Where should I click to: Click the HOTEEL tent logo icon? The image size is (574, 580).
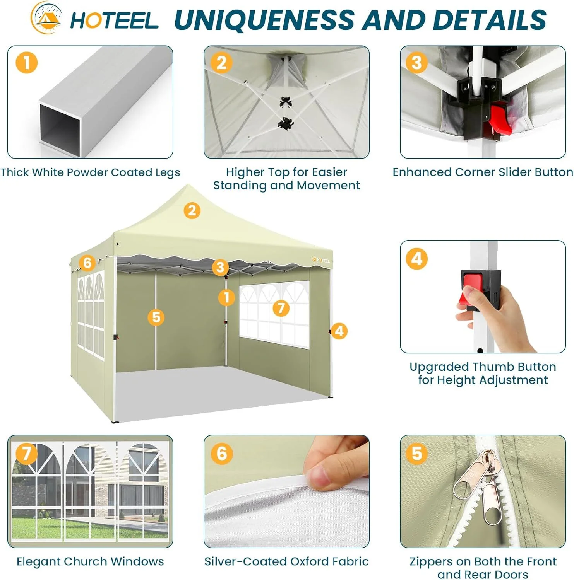(x=47, y=18)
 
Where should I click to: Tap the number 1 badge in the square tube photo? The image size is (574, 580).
(x=27, y=63)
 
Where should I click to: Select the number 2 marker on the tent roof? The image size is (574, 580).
(x=192, y=211)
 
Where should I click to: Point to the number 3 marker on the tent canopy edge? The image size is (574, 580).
(x=220, y=267)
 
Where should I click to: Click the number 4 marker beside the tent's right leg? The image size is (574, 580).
(x=339, y=331)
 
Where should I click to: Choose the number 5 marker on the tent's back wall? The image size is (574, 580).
(x=156, y=317)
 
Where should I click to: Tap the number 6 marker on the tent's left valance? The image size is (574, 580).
(x=87, y=263)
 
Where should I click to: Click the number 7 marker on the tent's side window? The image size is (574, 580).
(x=281, y=308)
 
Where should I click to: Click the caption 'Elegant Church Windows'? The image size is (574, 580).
(x=90, y=561)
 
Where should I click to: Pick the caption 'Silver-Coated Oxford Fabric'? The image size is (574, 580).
(x=286, y=561)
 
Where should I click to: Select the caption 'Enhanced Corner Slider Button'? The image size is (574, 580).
(x=483, y=172)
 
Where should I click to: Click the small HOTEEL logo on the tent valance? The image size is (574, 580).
(x=321, y=260)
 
